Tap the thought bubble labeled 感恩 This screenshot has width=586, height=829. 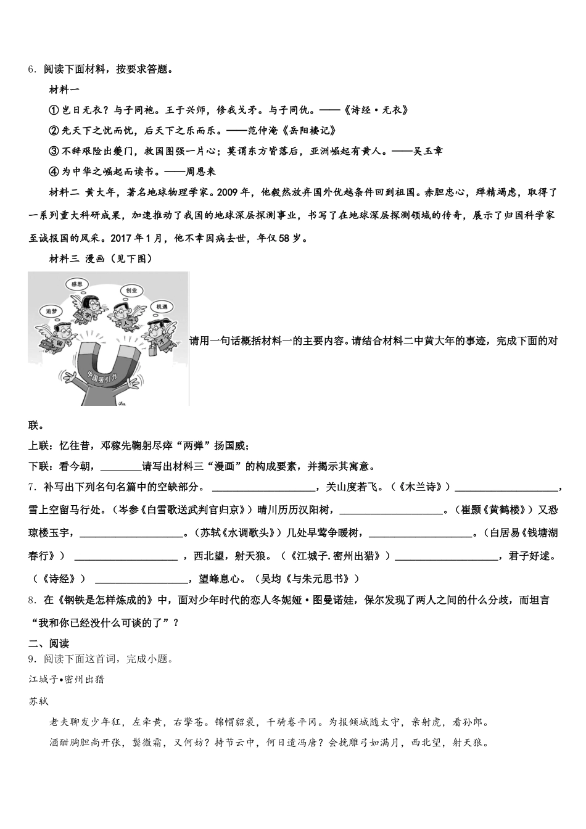tap(76, 284)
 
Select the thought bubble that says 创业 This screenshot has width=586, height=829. tap(130, 290)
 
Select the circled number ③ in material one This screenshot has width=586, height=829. tap(53, 151)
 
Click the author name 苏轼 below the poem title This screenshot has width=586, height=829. tap(38, 701)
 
